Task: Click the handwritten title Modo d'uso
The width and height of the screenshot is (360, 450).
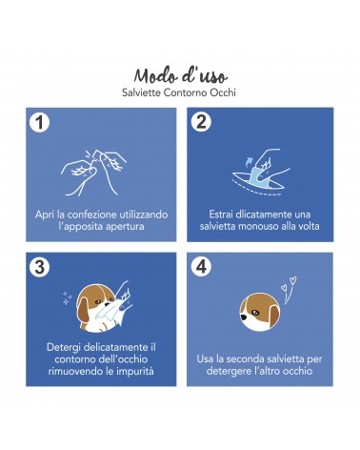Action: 180,76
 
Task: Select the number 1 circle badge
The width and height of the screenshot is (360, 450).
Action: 39,123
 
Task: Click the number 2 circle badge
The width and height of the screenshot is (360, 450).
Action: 201,121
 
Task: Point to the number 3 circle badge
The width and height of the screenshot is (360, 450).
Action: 39,267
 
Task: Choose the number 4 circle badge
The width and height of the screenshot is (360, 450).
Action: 201,266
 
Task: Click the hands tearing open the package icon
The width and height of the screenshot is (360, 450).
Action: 93,172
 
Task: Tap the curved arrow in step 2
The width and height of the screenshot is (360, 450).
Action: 250,160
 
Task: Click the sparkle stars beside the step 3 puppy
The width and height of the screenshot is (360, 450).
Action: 67,298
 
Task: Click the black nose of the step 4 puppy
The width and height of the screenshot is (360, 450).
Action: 244,317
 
